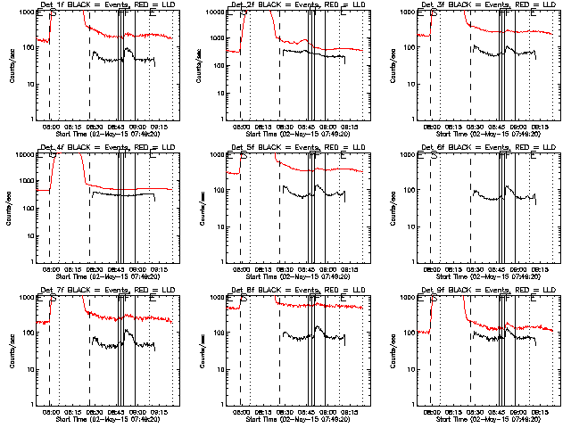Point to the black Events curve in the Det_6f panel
tap(491, 193)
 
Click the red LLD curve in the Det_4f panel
tap(134, 188)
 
